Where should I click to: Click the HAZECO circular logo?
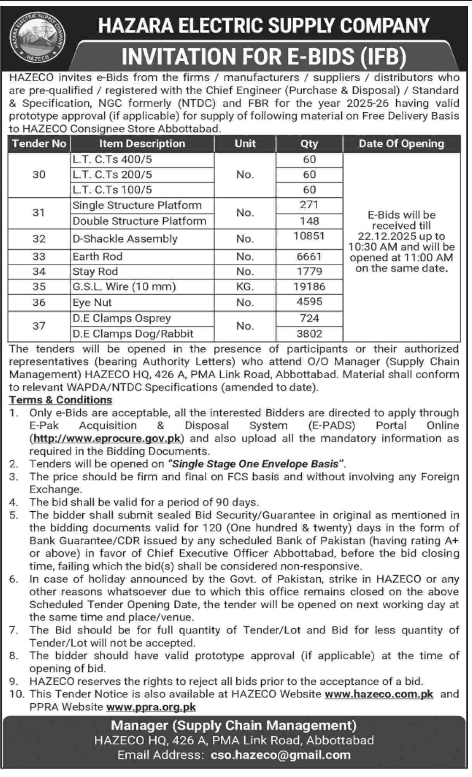pos(38,37)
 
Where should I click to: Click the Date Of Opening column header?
pos(401,144)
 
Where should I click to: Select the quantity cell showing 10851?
pos(309,236)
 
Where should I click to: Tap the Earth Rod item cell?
pos(98,256)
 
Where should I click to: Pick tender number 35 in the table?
pos(39,287)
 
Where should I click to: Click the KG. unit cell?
pos(245,287)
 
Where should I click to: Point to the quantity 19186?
pos(309,287)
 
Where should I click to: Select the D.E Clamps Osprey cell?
pos(122,318)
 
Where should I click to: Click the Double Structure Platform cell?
pos(140,221)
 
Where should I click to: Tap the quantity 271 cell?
pos(309,205)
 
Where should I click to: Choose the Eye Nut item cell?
pos(92,302)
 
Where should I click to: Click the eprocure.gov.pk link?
pos(107,438)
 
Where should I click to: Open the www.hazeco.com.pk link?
pos(379,694)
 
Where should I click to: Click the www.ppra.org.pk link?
pos(151,707)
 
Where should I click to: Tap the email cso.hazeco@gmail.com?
pos(281,755)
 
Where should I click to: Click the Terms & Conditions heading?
pos(61,400)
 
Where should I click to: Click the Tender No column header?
pos(39,144)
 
